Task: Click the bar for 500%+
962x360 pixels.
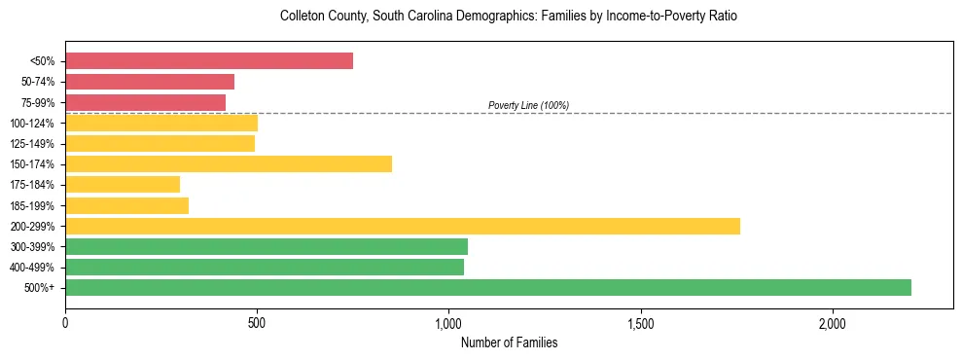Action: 488,287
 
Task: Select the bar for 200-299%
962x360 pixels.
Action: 403,226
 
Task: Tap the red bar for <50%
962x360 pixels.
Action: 209,61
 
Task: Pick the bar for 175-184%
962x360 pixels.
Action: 123,184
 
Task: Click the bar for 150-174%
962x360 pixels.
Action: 229,163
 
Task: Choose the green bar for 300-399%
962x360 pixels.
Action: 267,246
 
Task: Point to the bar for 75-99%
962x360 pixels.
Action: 146,102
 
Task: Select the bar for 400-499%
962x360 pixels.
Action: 265,267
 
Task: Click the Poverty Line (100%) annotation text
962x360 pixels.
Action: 528,105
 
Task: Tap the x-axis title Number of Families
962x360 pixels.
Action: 509,342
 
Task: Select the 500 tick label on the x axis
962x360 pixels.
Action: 257,323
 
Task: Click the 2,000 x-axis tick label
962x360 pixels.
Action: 833,323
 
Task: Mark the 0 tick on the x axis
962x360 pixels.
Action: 65,323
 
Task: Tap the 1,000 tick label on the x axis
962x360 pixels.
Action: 448,323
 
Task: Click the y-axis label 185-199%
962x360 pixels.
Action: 32,205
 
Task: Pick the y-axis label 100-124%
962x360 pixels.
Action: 32,123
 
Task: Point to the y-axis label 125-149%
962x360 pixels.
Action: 32,144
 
